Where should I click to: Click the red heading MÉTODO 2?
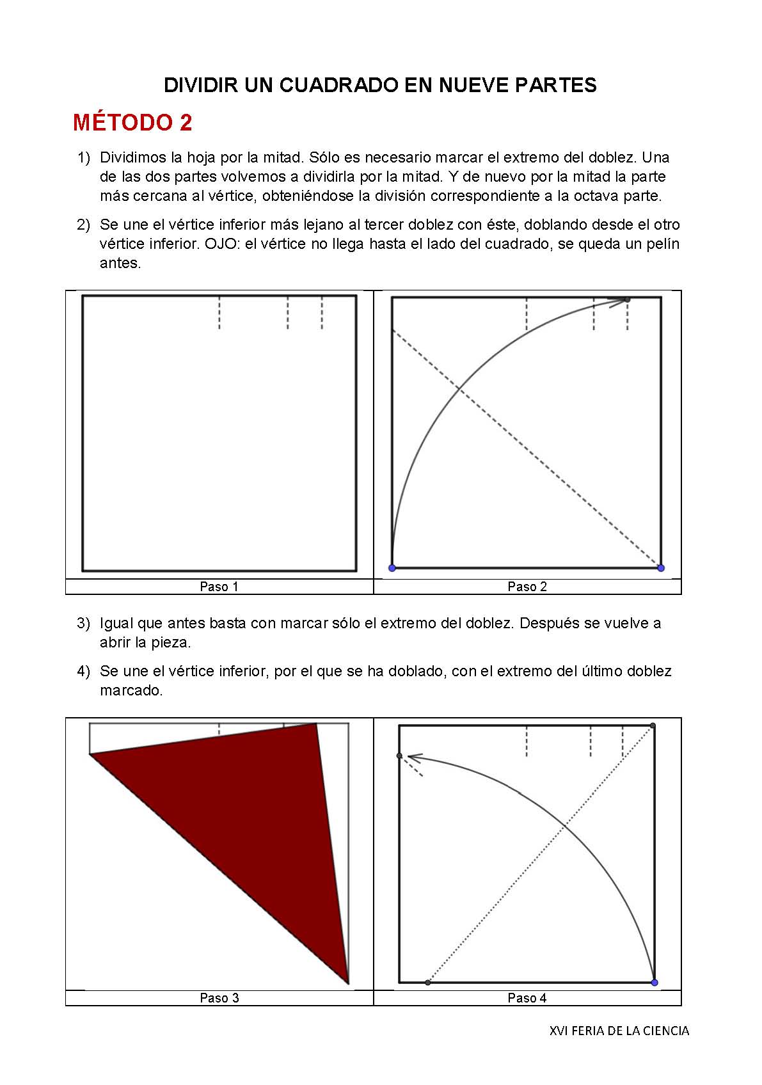pyautogui.click(x=132, y=122)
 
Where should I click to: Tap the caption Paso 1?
pyautogui.click(x=219, y=587)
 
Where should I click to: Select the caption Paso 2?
pyautogui.click(x=527, y=587)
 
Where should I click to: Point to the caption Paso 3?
pyautogui.click(x=219, y=998)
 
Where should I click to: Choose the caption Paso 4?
pyautogui.click(x=527, y=998)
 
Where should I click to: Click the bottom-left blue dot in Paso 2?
pyautogui.click(x=392, y=568)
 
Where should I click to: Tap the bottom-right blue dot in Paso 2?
pyautogui.click(x=661, y=568)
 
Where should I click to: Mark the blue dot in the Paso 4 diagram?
pyautogui.click(x=654, y=982)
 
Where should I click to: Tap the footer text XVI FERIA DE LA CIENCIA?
pyautogui.click(x=619, y=1031)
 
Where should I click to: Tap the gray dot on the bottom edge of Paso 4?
pyautogui.click(x=428, y=982)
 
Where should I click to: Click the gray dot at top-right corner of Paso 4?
pyautogui.click(x=653, y=725)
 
